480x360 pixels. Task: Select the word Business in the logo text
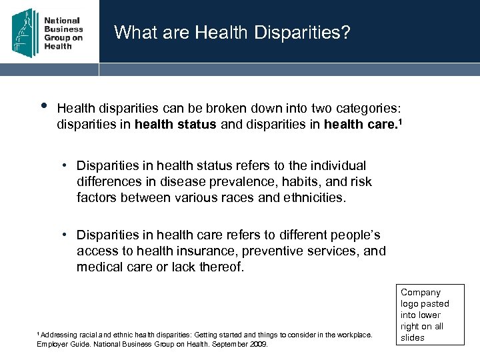point(63,29)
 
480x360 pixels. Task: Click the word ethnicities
point(313,197)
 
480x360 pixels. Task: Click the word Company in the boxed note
point(421,292)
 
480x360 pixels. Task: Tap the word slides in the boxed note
point(413,337)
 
